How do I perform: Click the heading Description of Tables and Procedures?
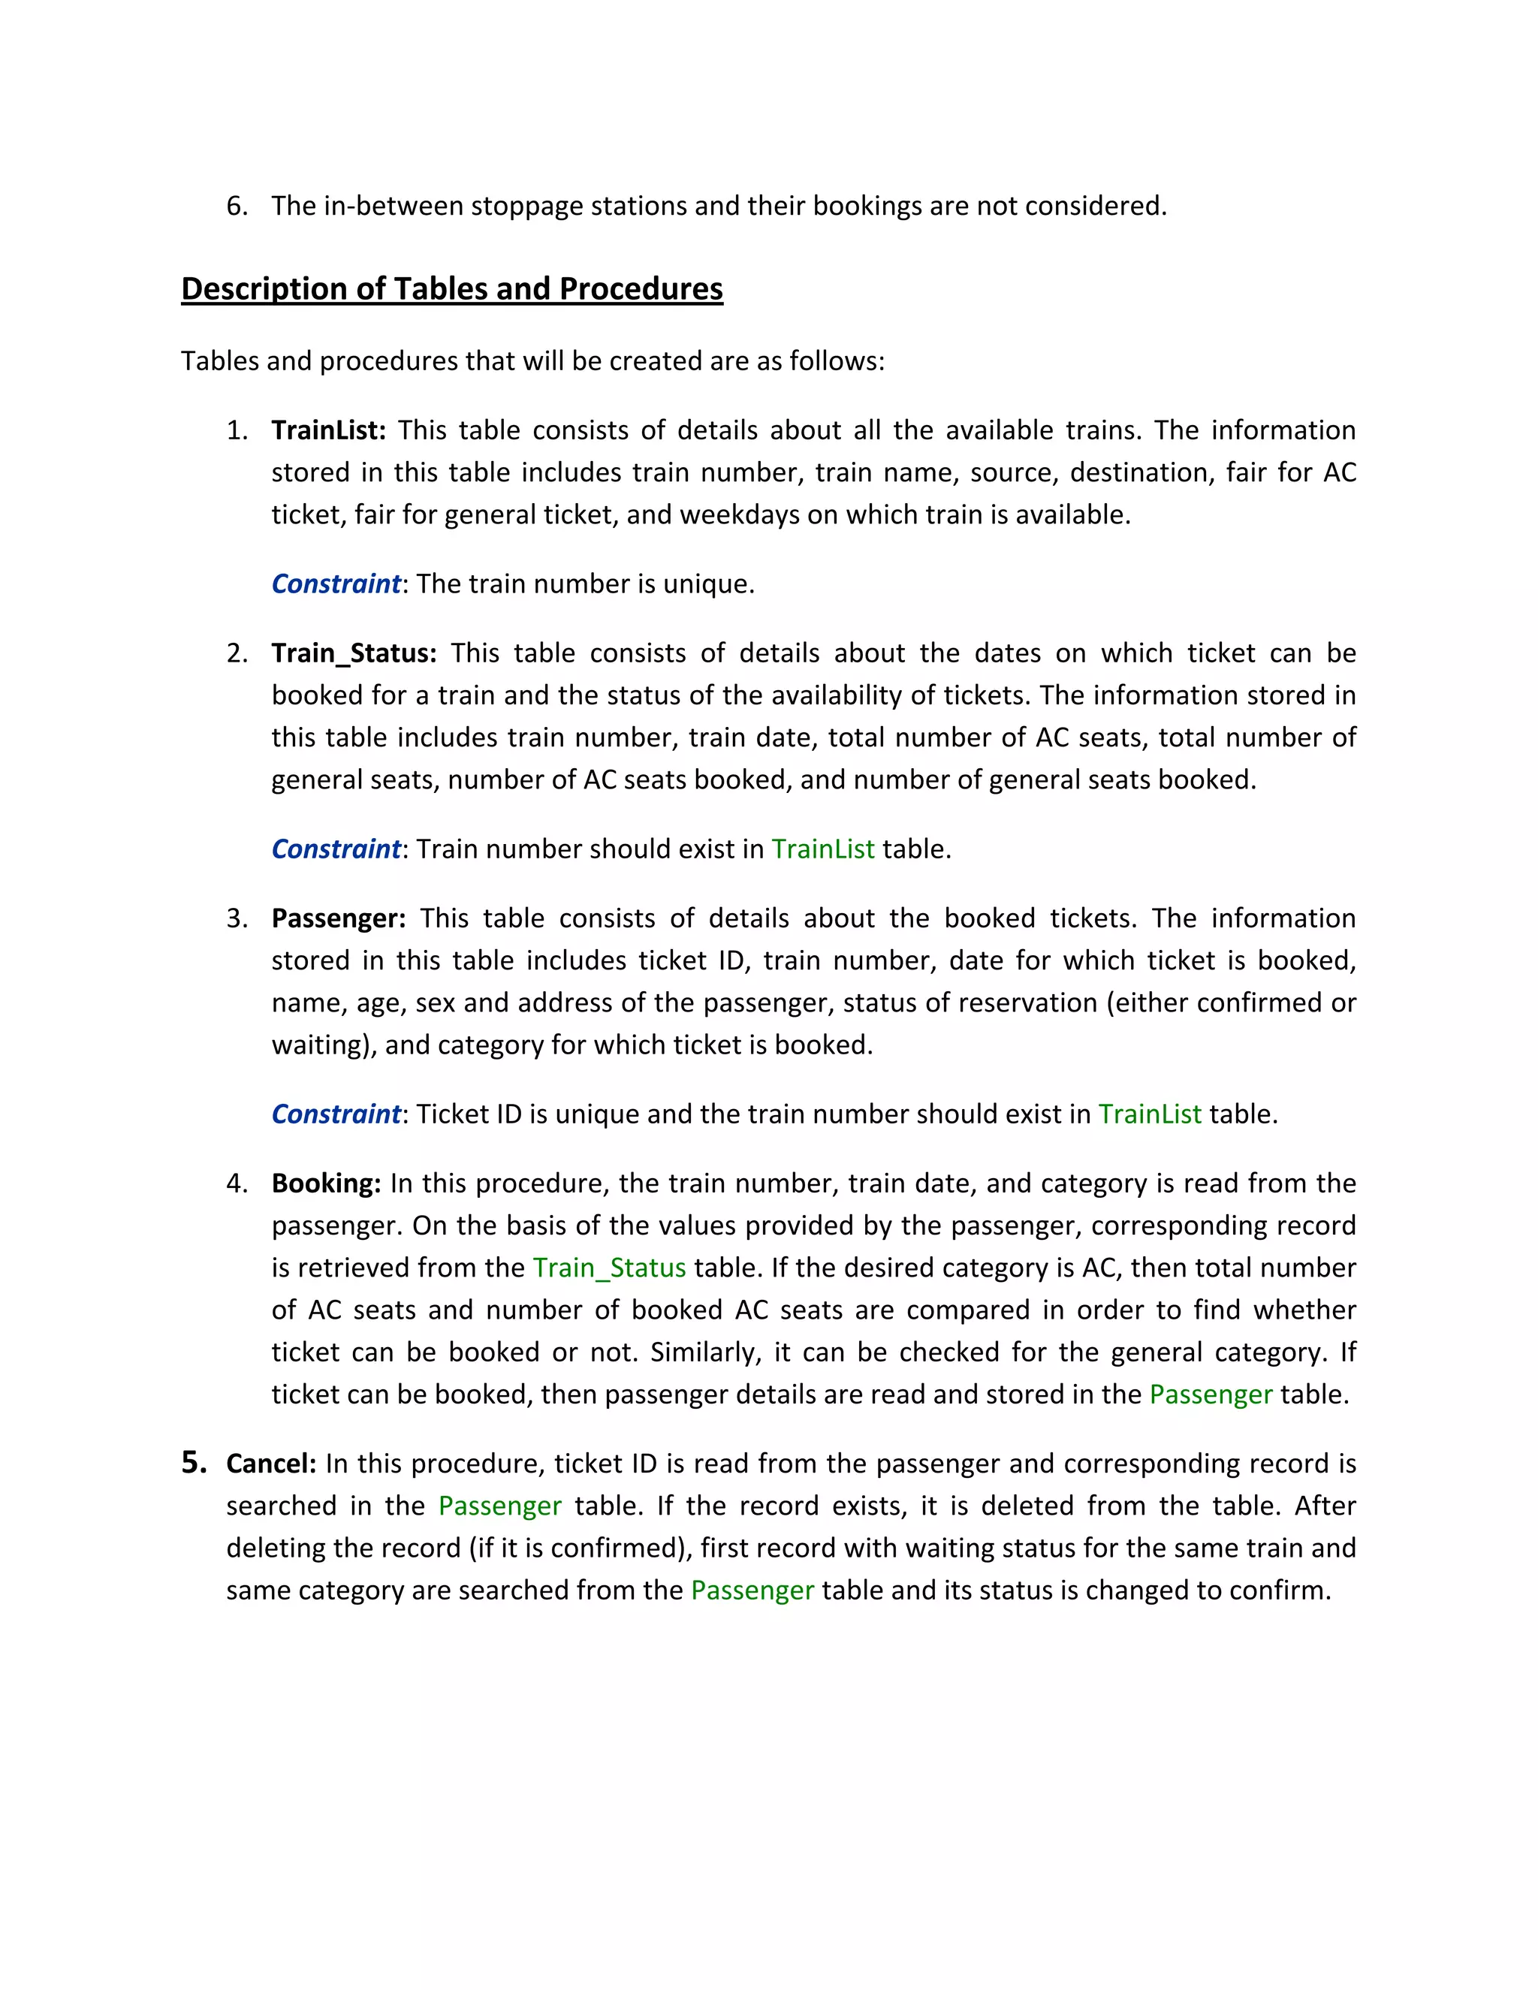[452, 289]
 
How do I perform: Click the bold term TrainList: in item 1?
[329, 430]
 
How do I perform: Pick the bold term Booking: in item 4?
[326, 1183]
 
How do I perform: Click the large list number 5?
[193, 1462]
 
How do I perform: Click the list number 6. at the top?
[237, 206]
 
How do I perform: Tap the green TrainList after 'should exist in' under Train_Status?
[823, 849]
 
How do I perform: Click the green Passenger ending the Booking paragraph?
[1210, 1395]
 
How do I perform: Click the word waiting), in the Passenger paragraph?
[324, 1045]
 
